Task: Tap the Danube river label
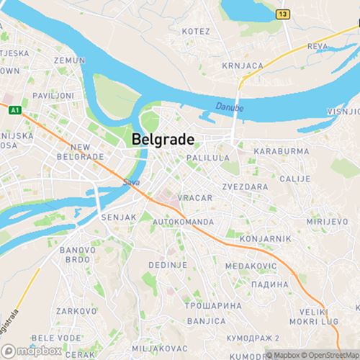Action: click(230, 107)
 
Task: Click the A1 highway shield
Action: click(14, 109)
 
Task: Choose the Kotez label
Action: click(196, 32)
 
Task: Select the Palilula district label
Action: click(207, 157)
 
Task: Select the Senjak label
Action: click(113, 217)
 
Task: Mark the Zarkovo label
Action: click(78, 311)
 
